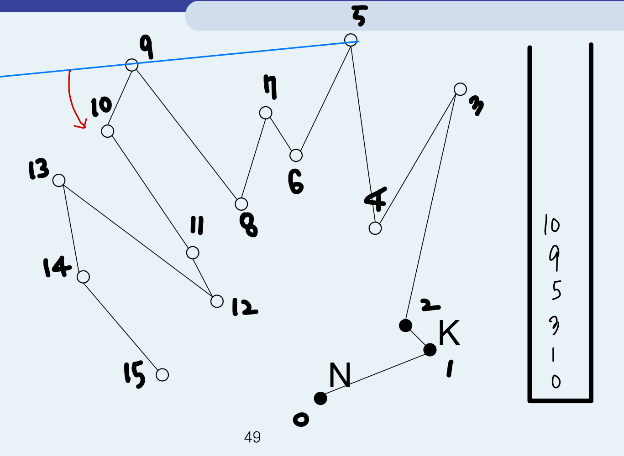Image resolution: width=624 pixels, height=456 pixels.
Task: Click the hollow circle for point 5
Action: coord(351,40)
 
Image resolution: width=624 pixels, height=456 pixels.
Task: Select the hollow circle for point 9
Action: coord(131,65)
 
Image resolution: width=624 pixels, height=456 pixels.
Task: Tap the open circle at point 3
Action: coord(460,89)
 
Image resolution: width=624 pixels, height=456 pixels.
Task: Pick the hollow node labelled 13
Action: coord(59,181)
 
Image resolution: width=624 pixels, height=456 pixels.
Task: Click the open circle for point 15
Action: coord(162,375)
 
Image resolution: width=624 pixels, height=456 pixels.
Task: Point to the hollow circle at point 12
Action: coord(217,301)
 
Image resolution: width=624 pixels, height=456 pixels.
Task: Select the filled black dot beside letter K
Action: coord(430,350)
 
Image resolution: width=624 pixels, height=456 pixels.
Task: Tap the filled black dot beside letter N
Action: coord(320,398)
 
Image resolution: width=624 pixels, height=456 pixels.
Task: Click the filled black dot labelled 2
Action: coord(405,326)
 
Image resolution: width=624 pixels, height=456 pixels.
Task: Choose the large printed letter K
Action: coord(449,333)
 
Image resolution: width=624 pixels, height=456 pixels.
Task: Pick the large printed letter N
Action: coord(340,375)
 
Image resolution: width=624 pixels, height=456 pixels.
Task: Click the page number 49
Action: coord(252,437)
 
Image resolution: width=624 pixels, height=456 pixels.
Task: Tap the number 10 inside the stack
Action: coord(551,225)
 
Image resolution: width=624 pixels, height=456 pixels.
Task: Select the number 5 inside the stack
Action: coord(556,290)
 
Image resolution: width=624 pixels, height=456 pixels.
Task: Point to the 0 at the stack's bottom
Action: coord(556,381)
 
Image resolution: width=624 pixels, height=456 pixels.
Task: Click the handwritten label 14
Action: coord(57,267)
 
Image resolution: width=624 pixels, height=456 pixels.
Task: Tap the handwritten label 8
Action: coord(249,225)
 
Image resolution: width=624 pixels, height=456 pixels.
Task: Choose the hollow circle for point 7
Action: coord(266,113)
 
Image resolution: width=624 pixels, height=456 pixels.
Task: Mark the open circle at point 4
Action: coord(375,228)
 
